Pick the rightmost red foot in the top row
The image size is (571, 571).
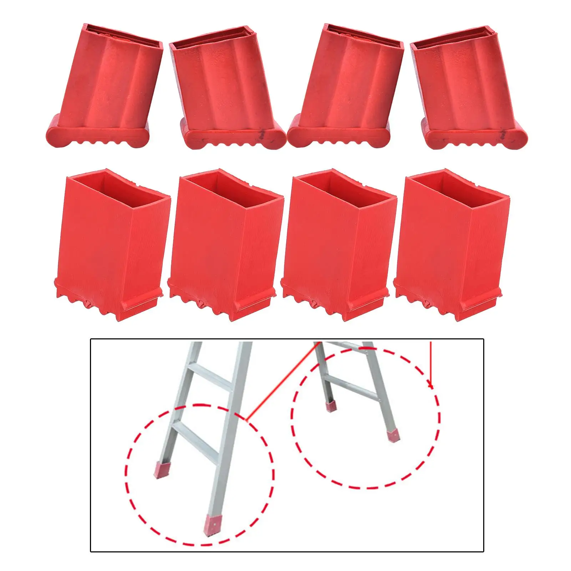pos(468,93)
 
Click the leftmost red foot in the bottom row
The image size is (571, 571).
pos(112,243)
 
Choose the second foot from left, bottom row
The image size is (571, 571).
pos(225,246)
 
